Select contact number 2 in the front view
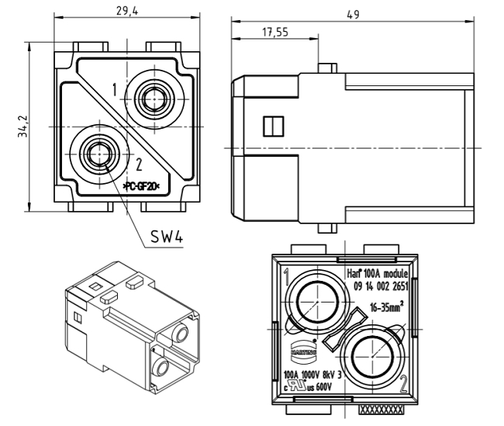coord(139,164)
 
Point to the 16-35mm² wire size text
coord(385,305)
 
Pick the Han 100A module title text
coord(375,274)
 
